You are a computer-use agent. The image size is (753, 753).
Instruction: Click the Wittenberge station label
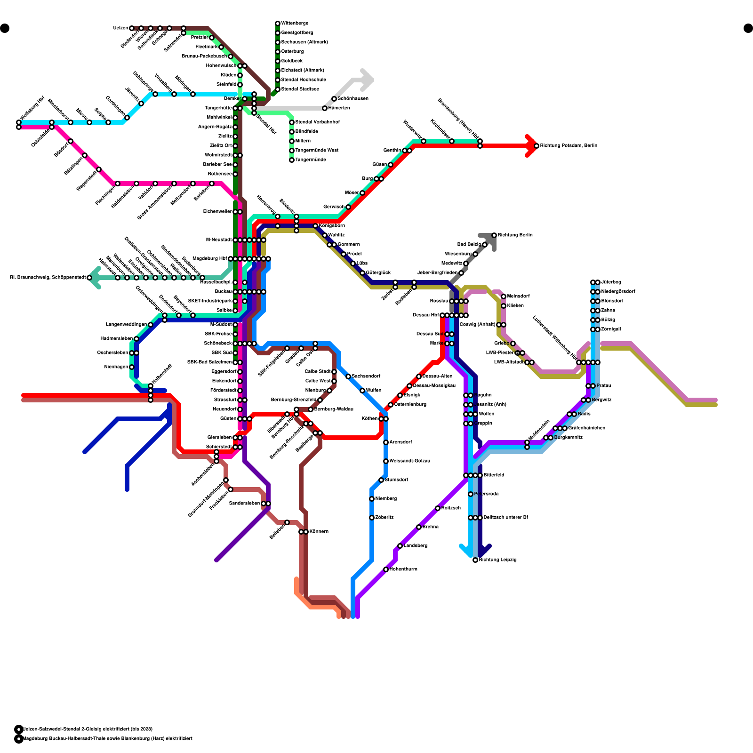pyautogui.click(x=295, y=24)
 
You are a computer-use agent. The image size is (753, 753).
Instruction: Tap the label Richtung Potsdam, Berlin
pyautogui.click(x=569, y=146)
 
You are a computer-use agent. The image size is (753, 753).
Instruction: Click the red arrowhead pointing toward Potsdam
pyautogui.click(x=531, y=146)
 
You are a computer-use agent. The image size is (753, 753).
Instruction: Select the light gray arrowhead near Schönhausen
pyautogui.click(x=367, y=80)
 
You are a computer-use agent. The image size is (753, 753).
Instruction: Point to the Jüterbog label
pyautogui.click(x=611, y=282)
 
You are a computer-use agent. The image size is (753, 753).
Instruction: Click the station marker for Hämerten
pyautogui.click(x=325, y=108)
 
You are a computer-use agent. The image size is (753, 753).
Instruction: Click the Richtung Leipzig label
pyautogui.click(x=497, y=560)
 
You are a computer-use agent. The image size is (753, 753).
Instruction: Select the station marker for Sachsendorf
pyautogui.click(x=348, y=376)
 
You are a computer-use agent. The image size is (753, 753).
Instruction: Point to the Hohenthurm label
pyautogui.click(x=403, y=569)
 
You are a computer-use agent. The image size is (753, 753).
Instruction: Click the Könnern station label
pyautogui.click(x=319, y=532)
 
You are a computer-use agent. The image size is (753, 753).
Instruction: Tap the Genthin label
pyautogui.click(x=392, y=151)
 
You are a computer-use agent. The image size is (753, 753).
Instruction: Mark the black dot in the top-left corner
pyautogui.click(x=5, y=28)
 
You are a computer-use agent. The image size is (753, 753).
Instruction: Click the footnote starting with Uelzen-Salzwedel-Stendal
pyautogui.click(x=88, y=729)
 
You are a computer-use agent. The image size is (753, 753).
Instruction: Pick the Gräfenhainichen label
pyautogui.click(x=586, y=428)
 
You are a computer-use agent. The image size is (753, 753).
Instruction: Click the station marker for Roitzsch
pyautogui.click(x=438, y=508)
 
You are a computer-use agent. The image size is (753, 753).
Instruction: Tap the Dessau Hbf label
pyautogui.click(x=425, y=315)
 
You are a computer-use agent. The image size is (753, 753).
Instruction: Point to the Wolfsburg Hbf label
pyautogui.click(x=32, y=108)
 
